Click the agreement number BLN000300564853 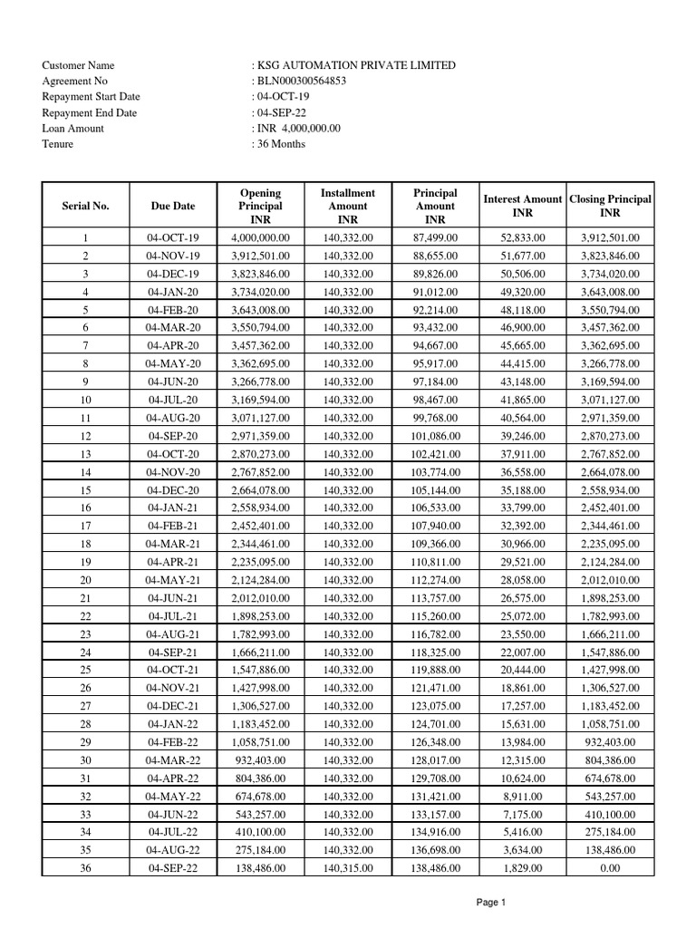tap(301, 82)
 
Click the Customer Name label tap(78, 65)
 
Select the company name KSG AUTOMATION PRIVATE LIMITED tap(356, 65)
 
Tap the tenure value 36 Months tap(281, 144)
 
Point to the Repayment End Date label tap(89, 113)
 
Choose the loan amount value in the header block tap(298, 129)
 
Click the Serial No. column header tap(85, 206)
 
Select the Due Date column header tap(173, 206)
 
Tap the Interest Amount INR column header tap(523, 206)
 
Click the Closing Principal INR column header tap(610, 206)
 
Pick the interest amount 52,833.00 tap(523, 238)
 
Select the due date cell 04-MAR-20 tap(173, 327)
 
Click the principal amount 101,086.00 tap(435, 436)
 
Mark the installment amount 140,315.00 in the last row tap(347, 868)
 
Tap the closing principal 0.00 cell tap(610, 868)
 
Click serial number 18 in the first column tap(85, 544)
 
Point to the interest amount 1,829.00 tap(523, 868)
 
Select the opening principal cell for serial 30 tap(260, 760)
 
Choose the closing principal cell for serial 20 tap(610, 580)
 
